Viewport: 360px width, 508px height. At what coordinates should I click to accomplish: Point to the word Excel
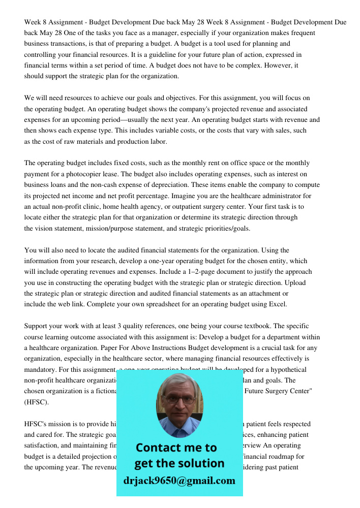coord(277,304)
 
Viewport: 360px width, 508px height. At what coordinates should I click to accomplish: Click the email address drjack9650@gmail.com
coord(179,481)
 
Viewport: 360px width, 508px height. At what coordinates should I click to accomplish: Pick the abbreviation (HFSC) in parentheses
coord(37,402)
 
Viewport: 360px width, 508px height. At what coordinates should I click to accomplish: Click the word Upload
coord(296,282)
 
